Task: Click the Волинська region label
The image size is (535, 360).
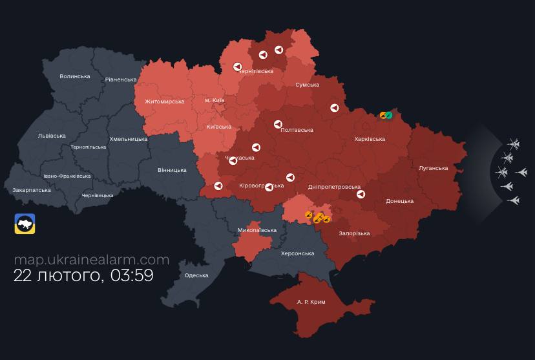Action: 75,76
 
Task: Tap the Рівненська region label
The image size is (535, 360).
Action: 121,79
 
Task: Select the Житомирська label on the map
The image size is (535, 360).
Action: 164,101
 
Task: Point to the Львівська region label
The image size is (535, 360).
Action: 52,136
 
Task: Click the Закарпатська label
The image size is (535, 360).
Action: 32,190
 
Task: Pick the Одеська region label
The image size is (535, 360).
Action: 196,275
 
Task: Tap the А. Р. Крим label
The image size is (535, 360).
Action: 311,302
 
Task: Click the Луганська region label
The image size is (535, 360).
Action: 433,168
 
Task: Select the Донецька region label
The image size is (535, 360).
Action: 399,201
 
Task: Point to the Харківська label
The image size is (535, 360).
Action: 370,139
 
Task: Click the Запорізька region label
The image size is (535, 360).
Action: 353,233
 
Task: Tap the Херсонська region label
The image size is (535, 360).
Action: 297,253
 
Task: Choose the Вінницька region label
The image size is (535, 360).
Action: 172,170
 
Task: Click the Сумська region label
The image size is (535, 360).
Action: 307,85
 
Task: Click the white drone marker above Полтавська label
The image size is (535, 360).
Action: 278,124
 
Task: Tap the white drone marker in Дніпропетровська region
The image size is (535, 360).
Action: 361,194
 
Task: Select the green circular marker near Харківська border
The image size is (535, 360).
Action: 389,115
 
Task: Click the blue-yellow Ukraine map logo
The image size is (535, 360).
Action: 25,224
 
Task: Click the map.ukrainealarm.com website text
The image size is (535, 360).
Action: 91,260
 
